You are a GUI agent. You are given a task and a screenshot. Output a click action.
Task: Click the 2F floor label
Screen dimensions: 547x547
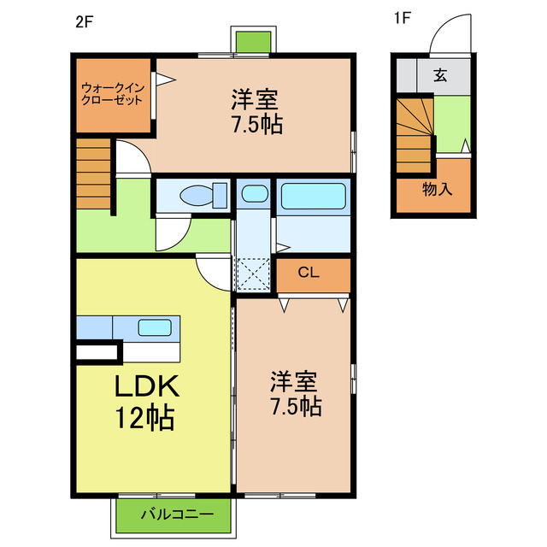[x=83, y=21]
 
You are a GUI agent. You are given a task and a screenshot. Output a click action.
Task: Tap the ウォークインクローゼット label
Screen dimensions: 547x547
[x=113, y=93]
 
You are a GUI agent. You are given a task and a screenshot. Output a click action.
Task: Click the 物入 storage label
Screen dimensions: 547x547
[x=438, y=190]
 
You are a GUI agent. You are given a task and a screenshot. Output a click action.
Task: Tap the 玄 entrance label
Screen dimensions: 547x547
[x=439, y=75]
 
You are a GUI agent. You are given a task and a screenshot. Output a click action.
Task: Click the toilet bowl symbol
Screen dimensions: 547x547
[x=197, y=196]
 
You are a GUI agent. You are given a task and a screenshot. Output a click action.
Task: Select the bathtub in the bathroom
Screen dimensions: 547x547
[x=314, y=196]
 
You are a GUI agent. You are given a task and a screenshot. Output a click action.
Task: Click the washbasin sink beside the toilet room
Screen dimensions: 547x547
[x=253, y=194]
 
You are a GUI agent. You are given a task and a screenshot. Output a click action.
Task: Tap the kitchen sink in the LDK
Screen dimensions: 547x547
[x=155, y=326]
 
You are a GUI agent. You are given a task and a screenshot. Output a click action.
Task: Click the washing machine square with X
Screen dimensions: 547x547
[x=252, y=274]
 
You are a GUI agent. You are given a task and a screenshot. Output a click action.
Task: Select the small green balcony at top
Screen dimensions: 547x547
[x=254, y=41]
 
